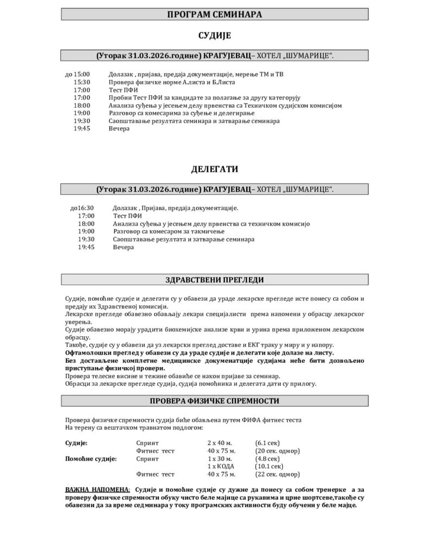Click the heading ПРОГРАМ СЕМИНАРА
[215, 15]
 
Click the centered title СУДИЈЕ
[215, 36]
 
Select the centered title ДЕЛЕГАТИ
[215, 170]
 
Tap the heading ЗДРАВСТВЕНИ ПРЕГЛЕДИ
[215, 280]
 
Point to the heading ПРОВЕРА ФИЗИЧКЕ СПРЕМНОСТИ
[215, 401]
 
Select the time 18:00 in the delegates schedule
[86, 224]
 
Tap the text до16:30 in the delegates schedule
[82, 208]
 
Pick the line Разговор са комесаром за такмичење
[166, 231]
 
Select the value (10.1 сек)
[269, 466]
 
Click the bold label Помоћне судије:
[91, 459]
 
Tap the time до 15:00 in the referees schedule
[78, 74]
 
